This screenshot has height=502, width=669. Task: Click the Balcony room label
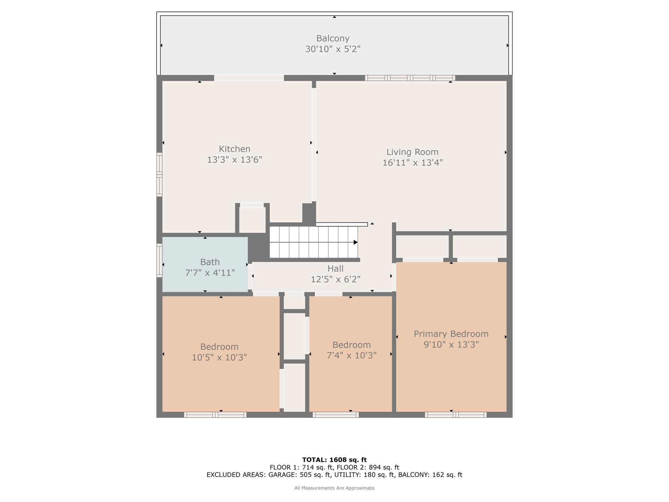point(333,39)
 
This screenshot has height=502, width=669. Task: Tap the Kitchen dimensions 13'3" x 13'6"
point(235,160)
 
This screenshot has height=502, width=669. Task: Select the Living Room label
point(412,152)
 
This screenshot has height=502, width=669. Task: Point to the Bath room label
point(210,262)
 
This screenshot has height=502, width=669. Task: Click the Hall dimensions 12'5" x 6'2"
point(335,279)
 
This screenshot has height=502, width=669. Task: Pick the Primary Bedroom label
point(451,334)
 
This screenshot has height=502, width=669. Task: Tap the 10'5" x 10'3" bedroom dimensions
point(219,358)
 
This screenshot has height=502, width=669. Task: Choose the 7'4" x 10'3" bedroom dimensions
point(351,356)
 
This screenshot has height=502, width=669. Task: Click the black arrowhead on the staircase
point(356,242)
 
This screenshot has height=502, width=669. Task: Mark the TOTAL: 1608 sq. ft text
point(334,460)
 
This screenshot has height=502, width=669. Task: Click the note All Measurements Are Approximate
point(334,488)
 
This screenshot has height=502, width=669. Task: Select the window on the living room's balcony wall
point(410,78)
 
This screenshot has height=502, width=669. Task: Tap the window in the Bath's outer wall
point(159,260)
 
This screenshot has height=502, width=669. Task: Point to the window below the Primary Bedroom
point(456,415)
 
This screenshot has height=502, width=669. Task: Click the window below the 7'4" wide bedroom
point(335,415)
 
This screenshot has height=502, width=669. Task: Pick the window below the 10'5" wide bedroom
point(215,415)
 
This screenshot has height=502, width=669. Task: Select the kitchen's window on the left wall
point(159,175)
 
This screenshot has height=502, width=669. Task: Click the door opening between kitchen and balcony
point(249,78)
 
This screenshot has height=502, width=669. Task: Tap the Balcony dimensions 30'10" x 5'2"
point(333,49)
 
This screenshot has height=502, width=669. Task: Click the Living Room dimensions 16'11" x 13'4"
point(413,163)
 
